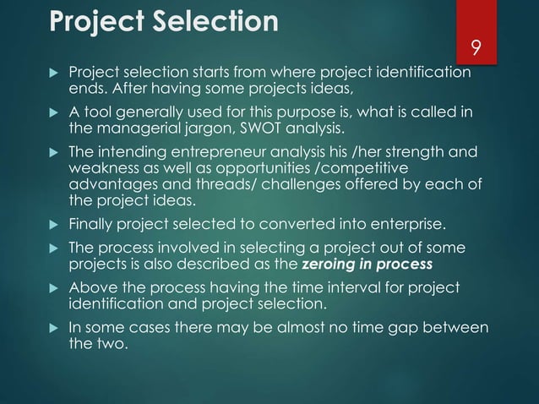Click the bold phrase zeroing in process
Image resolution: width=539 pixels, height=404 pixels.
click(366, 264)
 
